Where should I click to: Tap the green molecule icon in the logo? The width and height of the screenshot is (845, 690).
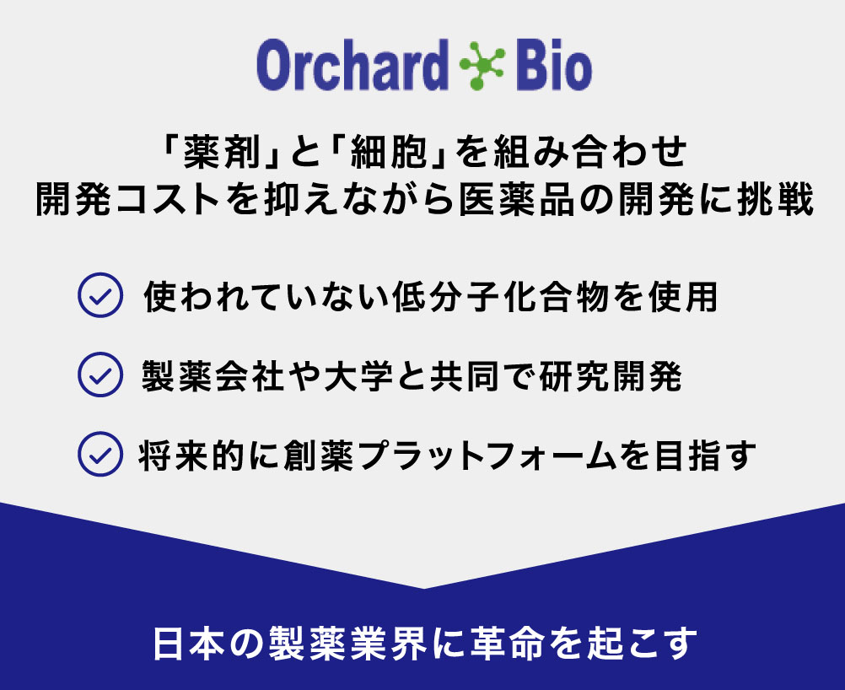[482, 65]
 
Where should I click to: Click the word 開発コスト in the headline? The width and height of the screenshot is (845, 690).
[128, 199]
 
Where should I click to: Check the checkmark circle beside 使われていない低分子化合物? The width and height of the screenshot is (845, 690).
[100, 295]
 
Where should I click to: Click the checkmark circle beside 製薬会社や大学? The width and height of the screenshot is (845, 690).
[100, 375]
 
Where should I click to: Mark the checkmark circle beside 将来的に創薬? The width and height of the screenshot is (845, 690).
[100, 454]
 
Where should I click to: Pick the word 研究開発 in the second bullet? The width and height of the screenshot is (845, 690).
[611, 375]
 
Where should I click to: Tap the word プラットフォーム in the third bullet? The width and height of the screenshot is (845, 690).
[487, 456]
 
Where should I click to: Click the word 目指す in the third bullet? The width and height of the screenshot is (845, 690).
[704, 456]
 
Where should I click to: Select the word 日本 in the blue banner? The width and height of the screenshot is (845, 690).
[188, 643]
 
